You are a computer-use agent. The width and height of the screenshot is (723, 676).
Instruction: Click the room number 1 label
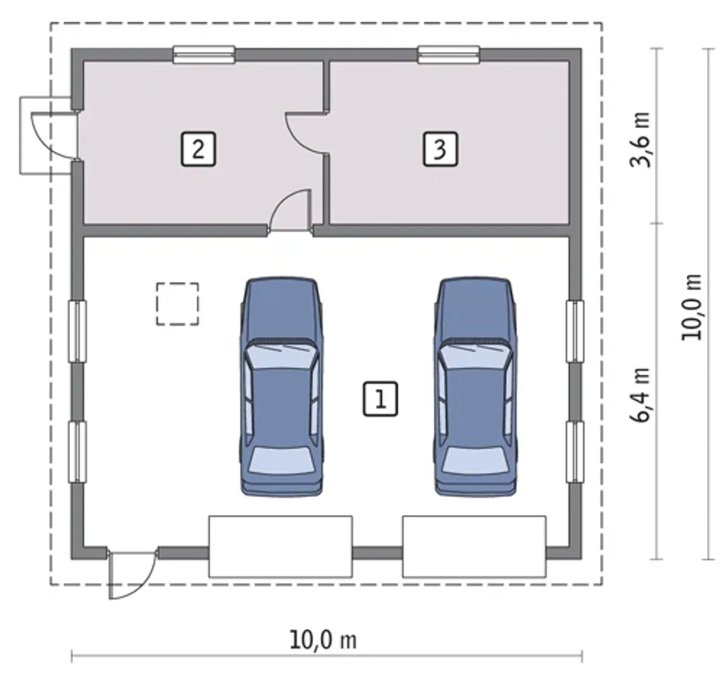(380, 398)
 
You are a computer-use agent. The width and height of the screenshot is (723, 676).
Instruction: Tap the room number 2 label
(198, 149)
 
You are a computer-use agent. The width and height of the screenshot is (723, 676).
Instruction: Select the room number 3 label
(440, 149)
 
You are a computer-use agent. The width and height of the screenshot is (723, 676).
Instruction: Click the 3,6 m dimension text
(639, 140)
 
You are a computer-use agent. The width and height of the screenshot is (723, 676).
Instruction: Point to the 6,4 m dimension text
(639, 395)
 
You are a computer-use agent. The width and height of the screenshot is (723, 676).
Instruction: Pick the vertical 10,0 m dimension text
(691, 307)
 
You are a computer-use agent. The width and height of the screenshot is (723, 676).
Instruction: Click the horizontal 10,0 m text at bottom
(323, 640)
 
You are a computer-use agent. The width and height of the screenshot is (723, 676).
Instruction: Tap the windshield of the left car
(281, 356)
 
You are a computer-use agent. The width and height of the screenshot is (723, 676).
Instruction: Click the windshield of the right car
(474, 356)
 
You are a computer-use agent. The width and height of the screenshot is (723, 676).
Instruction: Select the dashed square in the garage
(178, 304)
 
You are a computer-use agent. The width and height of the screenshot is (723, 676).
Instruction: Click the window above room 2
(204, 55)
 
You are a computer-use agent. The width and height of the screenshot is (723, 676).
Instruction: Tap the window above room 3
(448, 55)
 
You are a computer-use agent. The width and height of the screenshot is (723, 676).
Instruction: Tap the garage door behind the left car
(280, 547)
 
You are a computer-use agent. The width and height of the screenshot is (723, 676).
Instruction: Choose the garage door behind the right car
(474, 547)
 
